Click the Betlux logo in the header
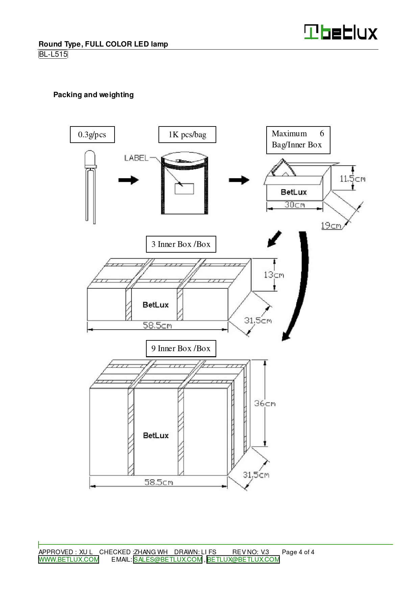341,32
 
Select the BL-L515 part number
53,54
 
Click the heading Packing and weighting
93,95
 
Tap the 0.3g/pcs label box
92,135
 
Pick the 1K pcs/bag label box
187,135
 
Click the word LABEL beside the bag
136,158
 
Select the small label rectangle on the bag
184,189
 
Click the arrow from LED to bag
128,180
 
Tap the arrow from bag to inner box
239,180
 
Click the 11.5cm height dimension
352,179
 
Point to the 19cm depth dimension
331,225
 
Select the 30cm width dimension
295,205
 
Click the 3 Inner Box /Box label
181,244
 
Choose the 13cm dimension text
274,275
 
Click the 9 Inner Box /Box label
181,348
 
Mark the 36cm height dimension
265,403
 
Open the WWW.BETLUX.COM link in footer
69,560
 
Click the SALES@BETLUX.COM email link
168,560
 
